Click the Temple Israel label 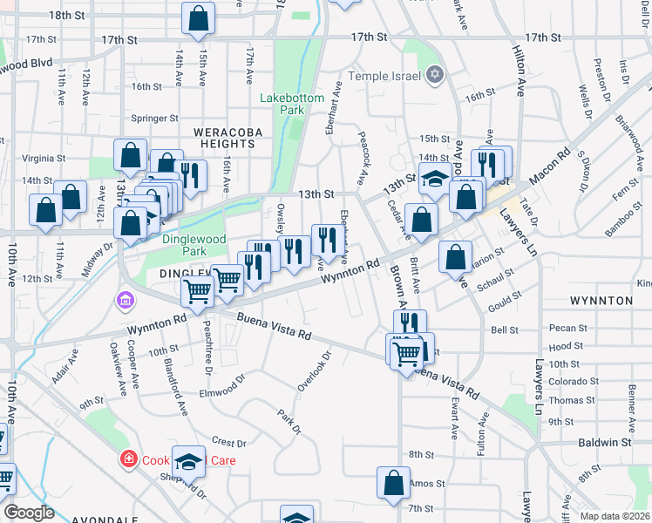point(385,76)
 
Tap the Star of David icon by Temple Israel point(434,76)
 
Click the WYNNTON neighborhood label point(601,301)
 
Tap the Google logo point(29,512)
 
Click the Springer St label point(154,118)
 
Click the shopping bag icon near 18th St point(198,17)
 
